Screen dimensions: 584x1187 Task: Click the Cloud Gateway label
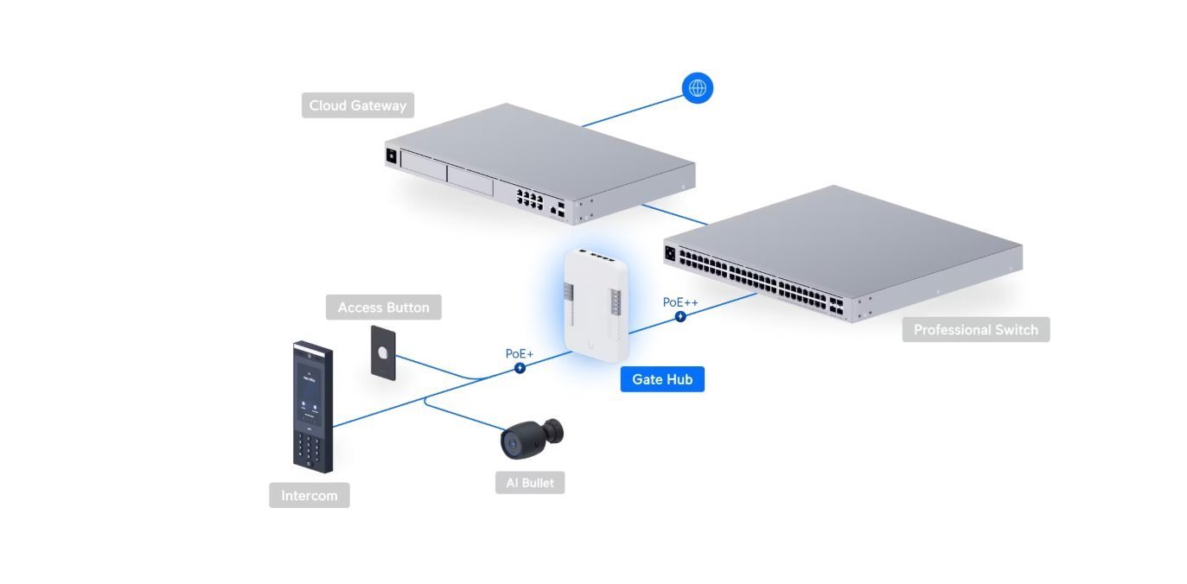358,105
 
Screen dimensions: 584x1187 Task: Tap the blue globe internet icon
698,88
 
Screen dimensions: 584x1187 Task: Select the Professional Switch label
975,329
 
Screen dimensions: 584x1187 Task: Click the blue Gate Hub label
662,379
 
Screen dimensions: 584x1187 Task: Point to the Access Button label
383,308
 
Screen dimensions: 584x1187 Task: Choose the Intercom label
309,496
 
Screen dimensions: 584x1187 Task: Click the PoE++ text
680,302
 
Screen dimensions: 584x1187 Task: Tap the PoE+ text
520,354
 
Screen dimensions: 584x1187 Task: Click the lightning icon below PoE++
680,316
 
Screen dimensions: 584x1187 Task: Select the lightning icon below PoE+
520,368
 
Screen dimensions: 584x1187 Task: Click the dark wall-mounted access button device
384,352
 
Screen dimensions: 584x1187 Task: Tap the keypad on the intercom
311,448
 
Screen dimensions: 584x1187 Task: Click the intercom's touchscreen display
310,392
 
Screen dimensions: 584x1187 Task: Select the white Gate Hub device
596,299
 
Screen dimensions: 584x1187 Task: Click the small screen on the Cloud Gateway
391,157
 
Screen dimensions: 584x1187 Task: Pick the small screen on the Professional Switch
669,253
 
